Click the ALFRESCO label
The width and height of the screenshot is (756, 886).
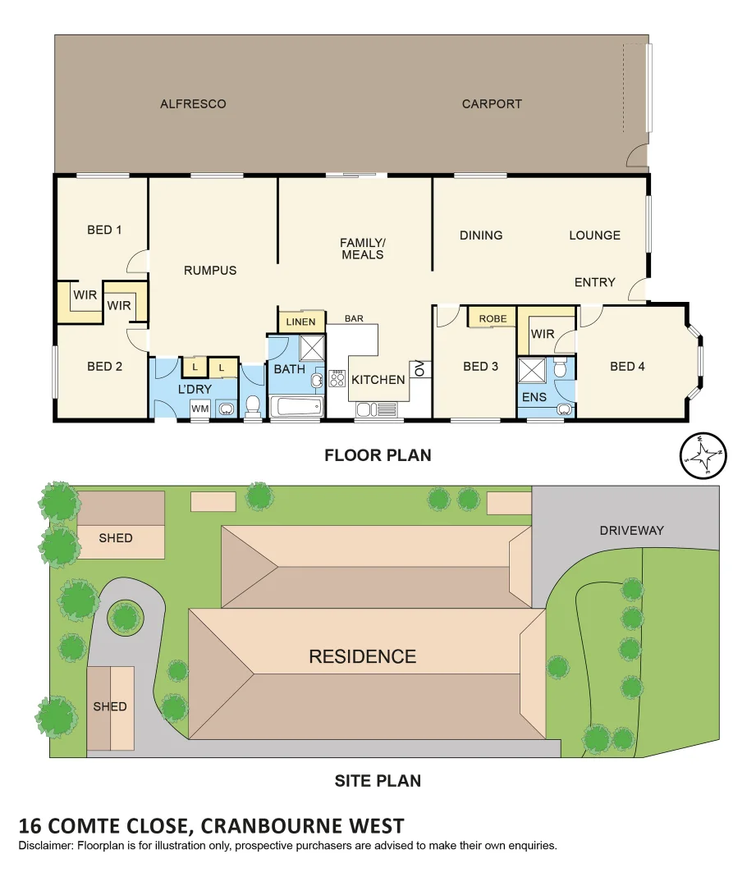point(193,104)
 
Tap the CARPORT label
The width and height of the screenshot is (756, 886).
point(492,104)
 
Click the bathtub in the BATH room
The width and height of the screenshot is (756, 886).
point(296,406)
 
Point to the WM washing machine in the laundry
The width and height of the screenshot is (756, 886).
point(199,408)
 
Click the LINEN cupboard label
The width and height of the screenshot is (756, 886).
point(300,322)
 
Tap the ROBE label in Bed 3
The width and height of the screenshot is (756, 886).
point(493,318)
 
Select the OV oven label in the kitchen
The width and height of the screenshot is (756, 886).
point(418,369)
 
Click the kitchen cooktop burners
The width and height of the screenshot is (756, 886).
point(337,378)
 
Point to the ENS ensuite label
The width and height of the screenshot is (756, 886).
point(534,397)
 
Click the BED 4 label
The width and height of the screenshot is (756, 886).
point(627,367)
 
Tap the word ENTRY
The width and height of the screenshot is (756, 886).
point(594,282)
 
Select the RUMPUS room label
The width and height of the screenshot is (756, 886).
point(210,270)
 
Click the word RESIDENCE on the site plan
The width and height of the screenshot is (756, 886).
point(362,656)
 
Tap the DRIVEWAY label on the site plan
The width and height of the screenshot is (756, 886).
point(631,530)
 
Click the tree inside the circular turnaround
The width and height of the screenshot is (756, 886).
point(125,616)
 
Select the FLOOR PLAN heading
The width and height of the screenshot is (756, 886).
point(378,454)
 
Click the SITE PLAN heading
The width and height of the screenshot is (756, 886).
point(378,780)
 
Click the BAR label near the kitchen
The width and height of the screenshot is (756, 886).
point(354,318)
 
